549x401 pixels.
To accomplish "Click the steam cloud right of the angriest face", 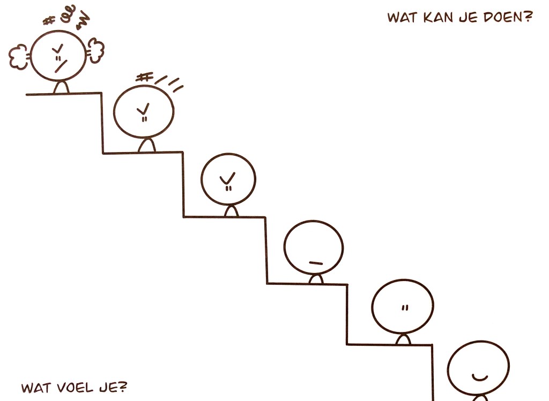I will [96, 50].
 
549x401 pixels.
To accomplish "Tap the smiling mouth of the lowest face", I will [478, 377].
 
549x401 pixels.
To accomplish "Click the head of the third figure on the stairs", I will [228, 180].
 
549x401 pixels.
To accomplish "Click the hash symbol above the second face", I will [143, 78].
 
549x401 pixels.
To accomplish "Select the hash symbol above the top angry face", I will [50, 21].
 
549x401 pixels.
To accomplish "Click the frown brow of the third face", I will [227, 177].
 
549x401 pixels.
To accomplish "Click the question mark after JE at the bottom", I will [123, 387].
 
